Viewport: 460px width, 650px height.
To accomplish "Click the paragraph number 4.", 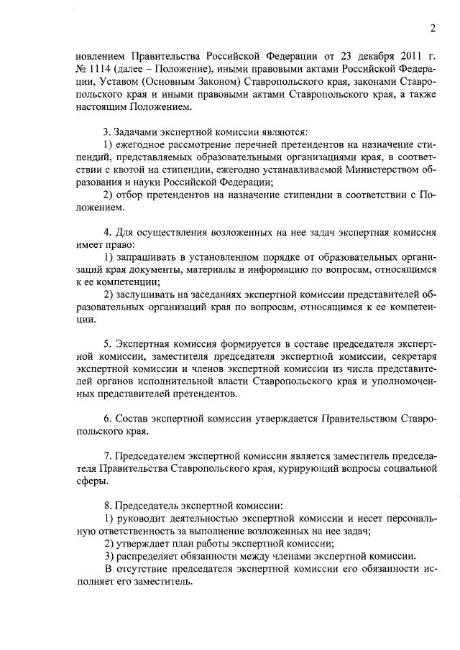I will point(107,233).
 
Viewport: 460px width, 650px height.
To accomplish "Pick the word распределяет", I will point(149,556).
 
